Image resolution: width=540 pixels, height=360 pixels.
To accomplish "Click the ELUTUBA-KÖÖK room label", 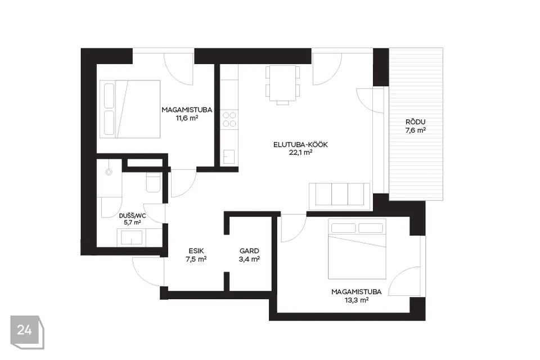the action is pos(300,145).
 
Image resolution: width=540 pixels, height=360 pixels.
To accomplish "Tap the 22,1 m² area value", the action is pos(300,152).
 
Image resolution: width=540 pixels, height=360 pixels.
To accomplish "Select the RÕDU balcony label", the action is pos(415,122).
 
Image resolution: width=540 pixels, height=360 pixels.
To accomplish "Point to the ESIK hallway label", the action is pos(196,251).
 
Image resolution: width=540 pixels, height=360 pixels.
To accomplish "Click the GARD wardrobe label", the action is pos(249,251).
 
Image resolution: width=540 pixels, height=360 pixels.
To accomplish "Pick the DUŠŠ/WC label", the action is pos(132,216).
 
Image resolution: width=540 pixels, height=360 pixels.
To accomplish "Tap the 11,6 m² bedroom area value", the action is pos(187,118).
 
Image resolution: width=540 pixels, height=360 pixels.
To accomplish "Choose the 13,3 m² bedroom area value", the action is pos(357,300).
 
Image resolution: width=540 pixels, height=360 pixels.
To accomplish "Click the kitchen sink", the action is pos(229,156).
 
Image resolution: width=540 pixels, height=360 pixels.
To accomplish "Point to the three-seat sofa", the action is pos(340,196).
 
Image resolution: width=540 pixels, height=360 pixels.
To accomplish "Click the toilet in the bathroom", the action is pos(153,183).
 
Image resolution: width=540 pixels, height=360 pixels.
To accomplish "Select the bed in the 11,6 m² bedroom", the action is pos(130,109).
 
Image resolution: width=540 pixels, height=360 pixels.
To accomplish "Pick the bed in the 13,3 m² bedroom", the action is pos(357,249).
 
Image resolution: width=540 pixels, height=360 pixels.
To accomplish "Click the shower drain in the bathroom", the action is pos(109,172).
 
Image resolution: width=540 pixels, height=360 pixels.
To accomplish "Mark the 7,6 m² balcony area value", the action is pos(415,130).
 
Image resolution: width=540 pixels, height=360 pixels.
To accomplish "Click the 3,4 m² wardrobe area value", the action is pos(249,259).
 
